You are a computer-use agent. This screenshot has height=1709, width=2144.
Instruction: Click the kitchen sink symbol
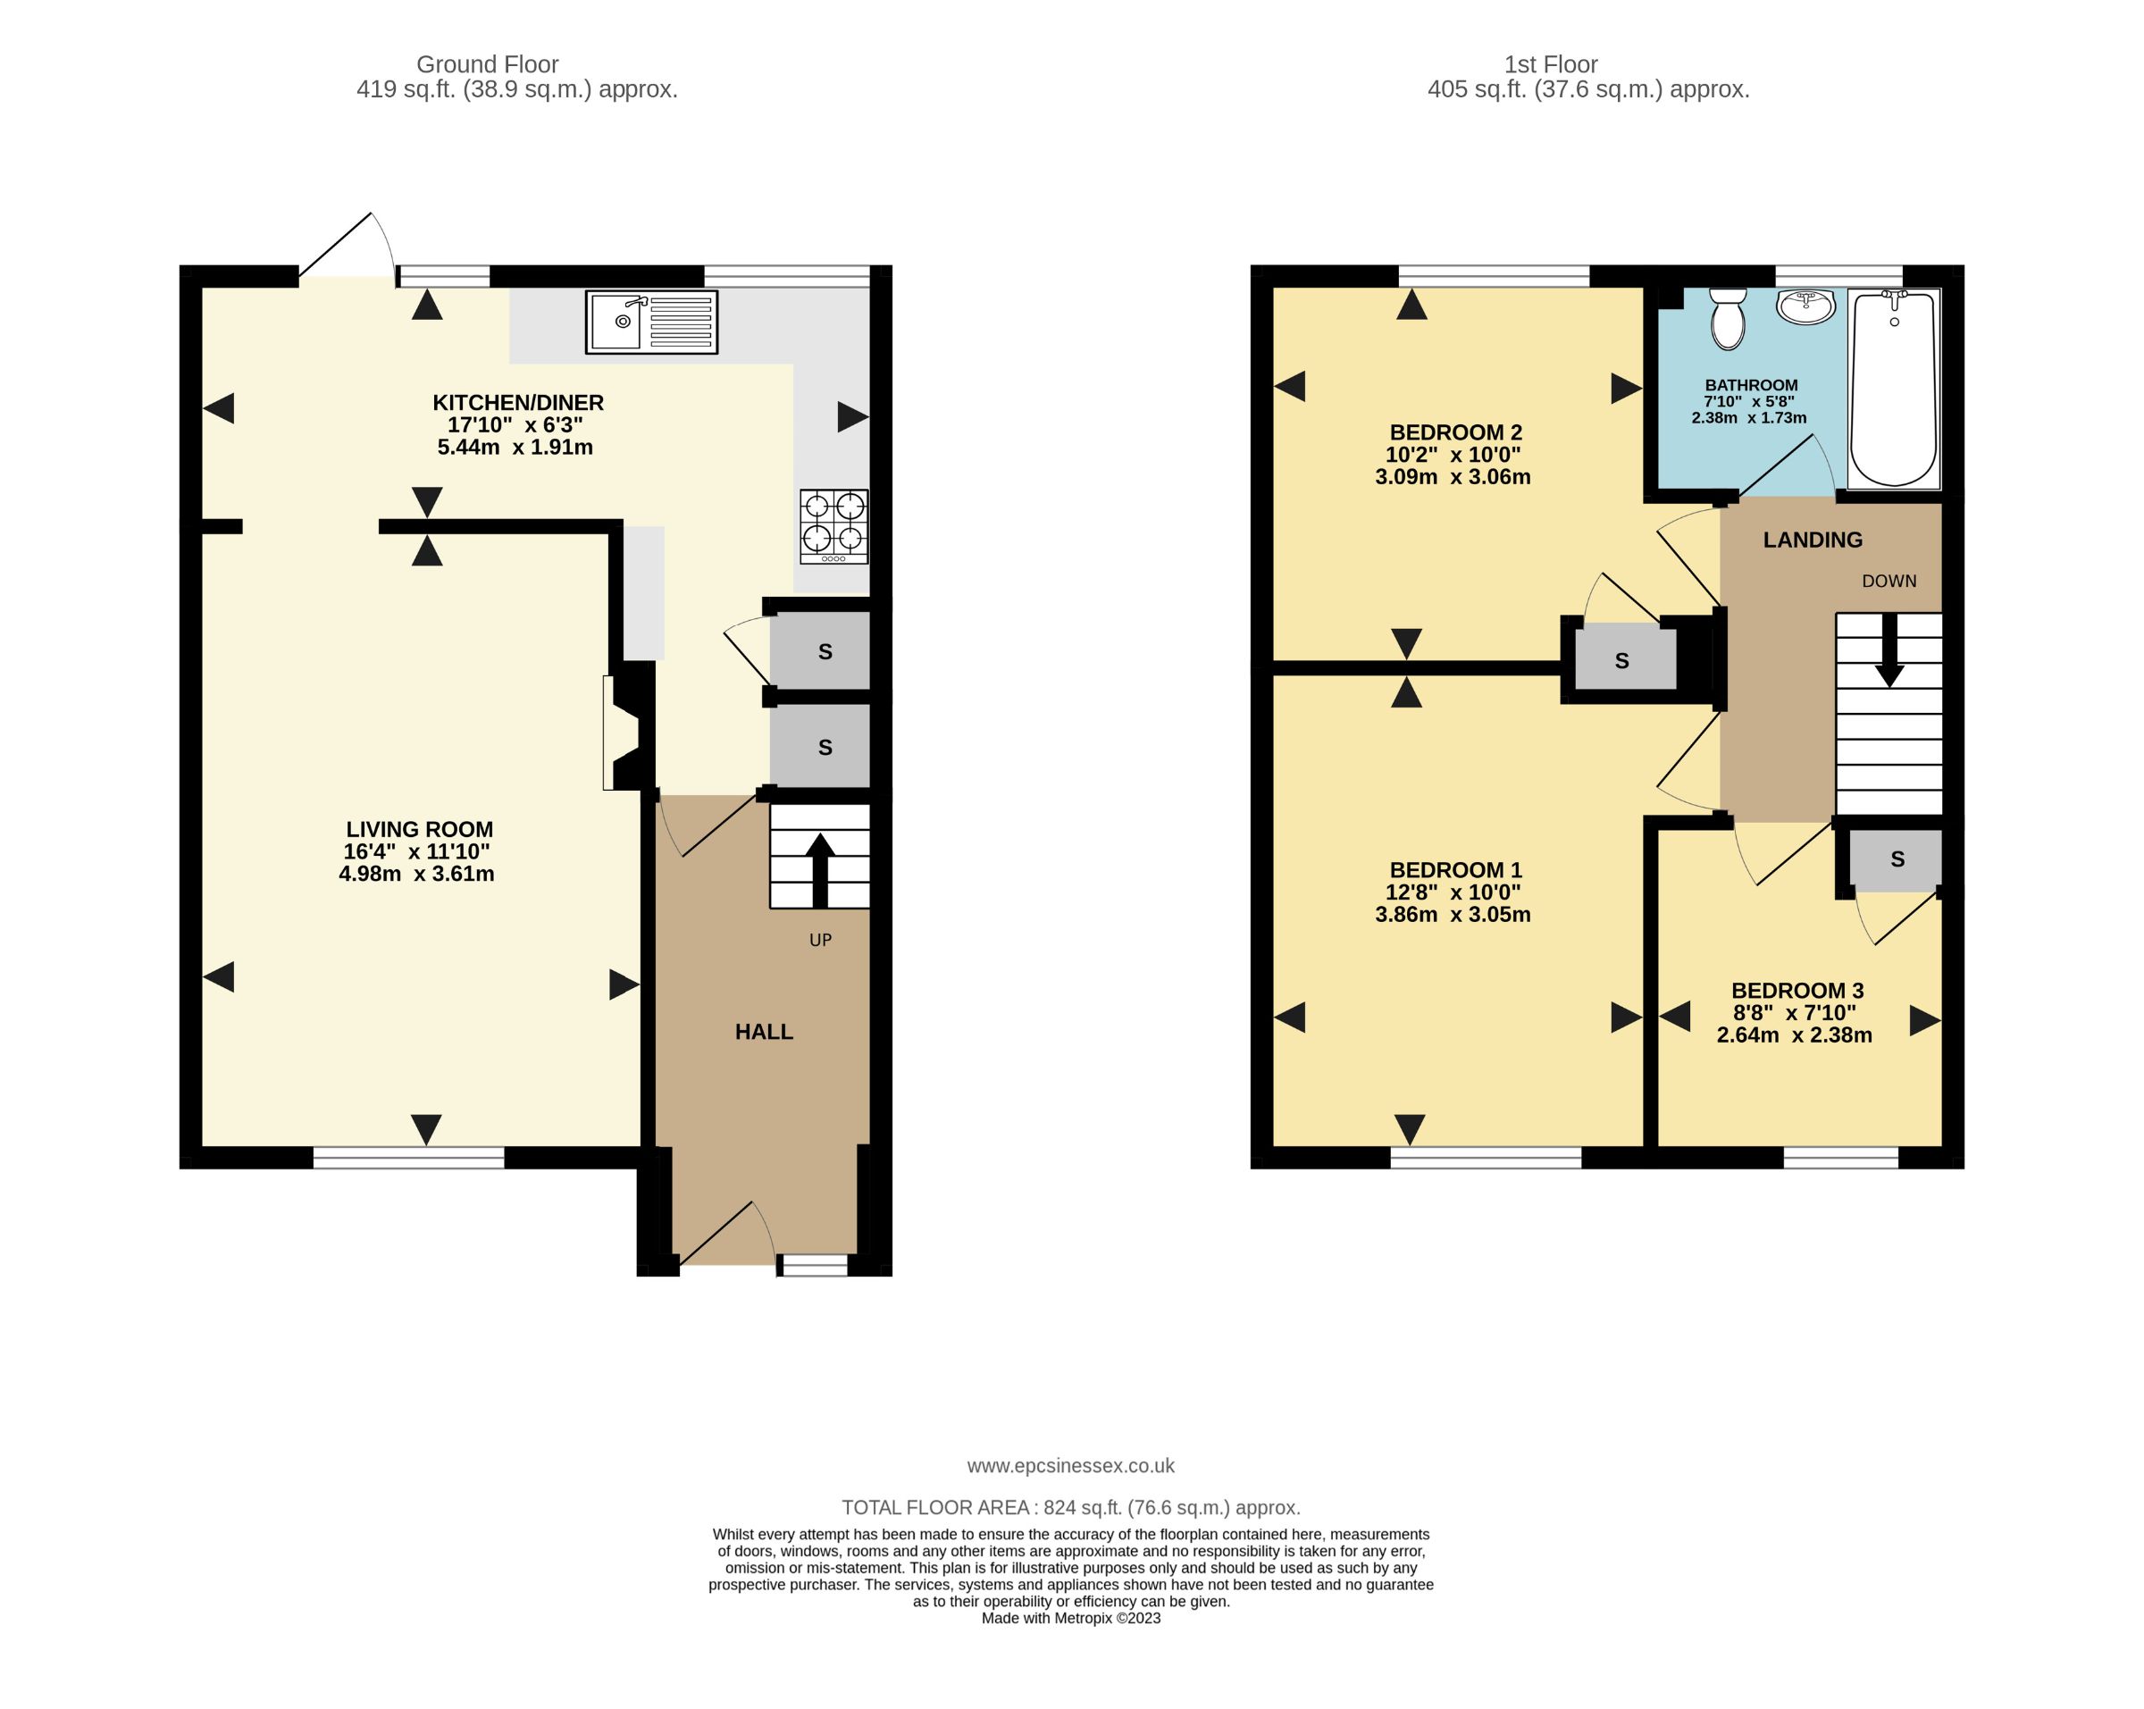[x=651, y=323]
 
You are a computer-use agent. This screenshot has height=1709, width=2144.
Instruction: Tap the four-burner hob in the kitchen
[x=833, y=526]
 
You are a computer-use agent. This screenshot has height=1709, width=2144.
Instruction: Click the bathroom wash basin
[x=1806, y=307]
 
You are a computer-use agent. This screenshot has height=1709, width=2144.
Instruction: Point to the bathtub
[x=1893, y=388]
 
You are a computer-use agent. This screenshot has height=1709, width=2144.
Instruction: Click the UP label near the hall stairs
[x=820, y=940]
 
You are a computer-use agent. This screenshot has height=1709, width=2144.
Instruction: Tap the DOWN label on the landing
[x=1889, y=581]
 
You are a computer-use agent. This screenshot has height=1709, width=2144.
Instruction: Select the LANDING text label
[x=1812, y=540]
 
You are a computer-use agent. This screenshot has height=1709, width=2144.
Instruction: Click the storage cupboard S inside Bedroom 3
[x=1897, y=859]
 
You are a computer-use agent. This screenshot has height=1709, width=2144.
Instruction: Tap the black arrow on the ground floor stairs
[x=819, y=869]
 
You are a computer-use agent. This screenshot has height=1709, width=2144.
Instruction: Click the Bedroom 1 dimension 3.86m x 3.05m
[x=1452, y=915]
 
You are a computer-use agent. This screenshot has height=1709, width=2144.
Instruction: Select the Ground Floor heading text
[x=487, y=64]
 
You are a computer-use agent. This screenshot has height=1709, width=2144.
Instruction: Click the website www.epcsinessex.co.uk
[x=1070, y=1465]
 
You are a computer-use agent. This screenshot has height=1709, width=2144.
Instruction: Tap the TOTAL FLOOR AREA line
[x=1070, y=1507]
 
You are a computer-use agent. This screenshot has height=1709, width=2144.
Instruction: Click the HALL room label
[x=764, y=1032]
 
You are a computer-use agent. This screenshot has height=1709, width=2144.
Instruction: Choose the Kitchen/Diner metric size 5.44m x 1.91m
[x=515, y=448]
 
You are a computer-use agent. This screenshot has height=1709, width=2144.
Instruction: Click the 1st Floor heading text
[x=1549, y=64]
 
